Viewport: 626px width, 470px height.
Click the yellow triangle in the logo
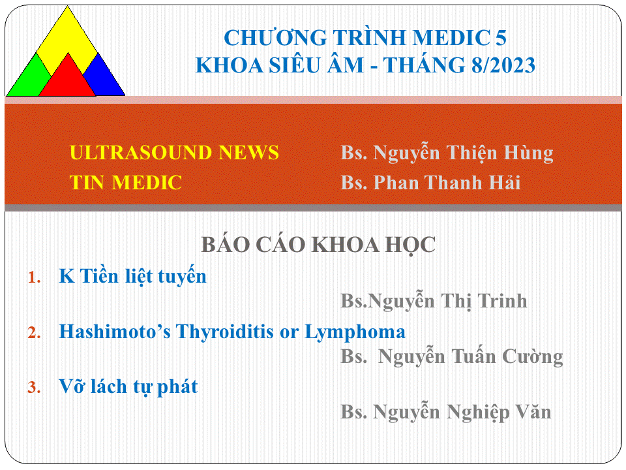tap(67, 38)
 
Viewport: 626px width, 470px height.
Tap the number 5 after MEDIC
tap(501, 38)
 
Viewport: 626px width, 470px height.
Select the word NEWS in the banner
tap(248, 153)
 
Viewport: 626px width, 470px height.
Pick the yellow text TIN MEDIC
tap(126, 183)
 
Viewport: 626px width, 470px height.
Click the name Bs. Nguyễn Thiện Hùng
tap(447, 153)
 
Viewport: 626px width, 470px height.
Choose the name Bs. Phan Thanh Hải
tap(430, 183)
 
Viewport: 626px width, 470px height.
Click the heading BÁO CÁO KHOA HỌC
tap(318, 245)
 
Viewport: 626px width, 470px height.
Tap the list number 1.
tap(35, 277)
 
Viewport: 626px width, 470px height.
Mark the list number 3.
tap(35, 388)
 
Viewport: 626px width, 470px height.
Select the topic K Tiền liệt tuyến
tap(132, 275)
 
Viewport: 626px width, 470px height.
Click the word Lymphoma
tap(355, 332)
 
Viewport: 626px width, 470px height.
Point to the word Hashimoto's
tap(115, 332)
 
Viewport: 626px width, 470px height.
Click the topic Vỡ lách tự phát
tap(128, 386)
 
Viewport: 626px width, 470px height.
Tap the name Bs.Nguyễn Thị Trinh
tap(434, 302)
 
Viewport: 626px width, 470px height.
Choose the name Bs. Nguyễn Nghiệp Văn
tap(445, 412)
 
